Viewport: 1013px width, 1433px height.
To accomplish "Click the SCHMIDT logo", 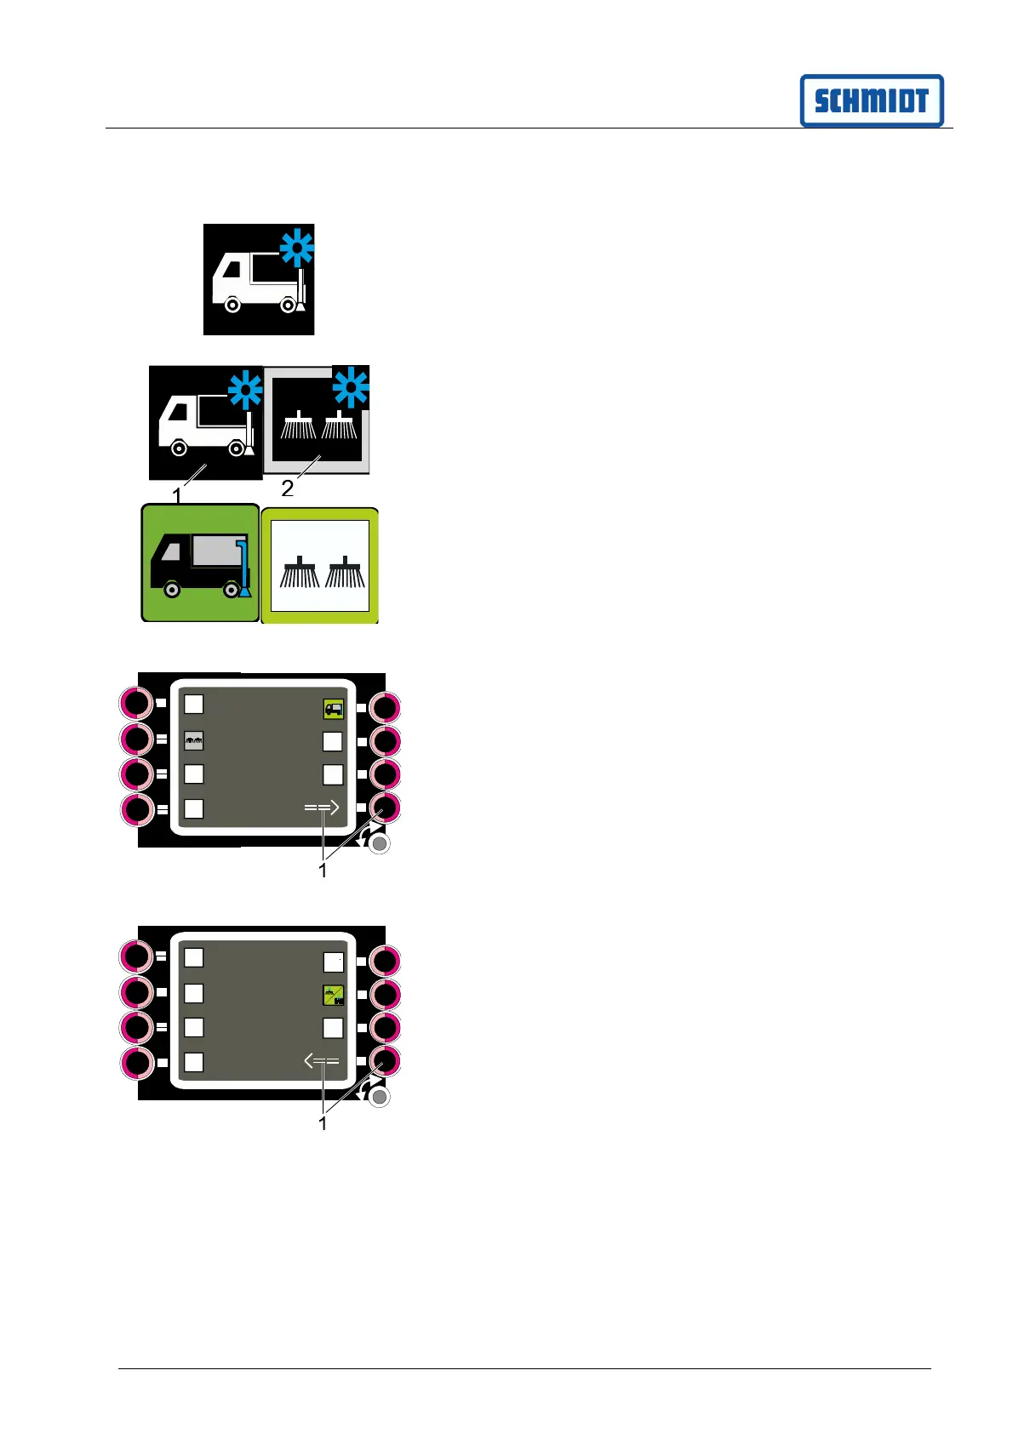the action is pos(872,100).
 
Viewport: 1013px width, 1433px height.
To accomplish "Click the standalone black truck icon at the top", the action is pos(258,279).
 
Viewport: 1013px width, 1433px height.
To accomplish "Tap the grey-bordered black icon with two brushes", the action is pos(317,420).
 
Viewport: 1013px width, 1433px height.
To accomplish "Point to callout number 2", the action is pos(288,488).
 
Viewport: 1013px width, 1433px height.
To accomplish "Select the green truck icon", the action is pos(200,563).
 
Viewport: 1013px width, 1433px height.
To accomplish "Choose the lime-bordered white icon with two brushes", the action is pos(320,566).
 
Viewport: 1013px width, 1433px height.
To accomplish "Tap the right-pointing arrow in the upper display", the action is pos(323,808).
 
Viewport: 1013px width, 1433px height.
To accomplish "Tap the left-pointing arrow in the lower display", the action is pos(322,1061).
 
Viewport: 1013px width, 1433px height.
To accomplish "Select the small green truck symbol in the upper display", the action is pos(333,708).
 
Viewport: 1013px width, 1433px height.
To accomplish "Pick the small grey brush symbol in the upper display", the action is pos(194,741).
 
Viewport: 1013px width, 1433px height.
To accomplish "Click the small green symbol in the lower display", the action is pos(333,995).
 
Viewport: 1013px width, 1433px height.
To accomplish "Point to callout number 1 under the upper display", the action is pos(323,871).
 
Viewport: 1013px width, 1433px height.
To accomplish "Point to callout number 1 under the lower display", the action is pos(323,1123).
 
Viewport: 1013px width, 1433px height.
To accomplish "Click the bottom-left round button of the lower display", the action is pos(136,1063).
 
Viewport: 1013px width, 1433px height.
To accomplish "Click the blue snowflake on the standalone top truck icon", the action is pos(298,250).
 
